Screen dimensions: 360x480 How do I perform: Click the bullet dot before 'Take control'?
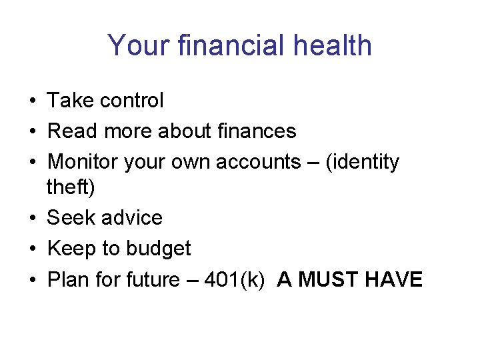tap(32, 101)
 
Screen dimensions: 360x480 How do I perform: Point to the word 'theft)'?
tap(71, 188)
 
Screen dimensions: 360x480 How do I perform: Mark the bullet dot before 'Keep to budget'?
tap(32, 249)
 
